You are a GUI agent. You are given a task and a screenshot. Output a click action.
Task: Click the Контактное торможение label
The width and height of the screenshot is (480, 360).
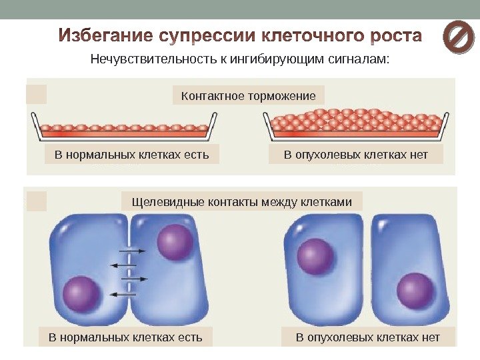coord(248,96)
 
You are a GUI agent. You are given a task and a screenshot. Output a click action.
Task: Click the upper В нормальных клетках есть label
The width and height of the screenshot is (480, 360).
coord(131,155)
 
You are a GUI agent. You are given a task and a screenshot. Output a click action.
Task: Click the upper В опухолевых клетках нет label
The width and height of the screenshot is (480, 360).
coord(355,155)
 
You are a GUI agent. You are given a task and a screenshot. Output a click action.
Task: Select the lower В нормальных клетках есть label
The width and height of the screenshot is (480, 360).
coord(125,337)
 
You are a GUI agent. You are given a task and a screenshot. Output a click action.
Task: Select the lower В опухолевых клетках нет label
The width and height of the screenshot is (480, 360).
coord(368,337)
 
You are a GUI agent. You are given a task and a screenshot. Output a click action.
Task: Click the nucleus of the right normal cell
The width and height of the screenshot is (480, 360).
coord(176,242)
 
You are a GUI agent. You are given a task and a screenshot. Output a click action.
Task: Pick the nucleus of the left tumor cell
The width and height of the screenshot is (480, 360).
coord(315,255)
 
